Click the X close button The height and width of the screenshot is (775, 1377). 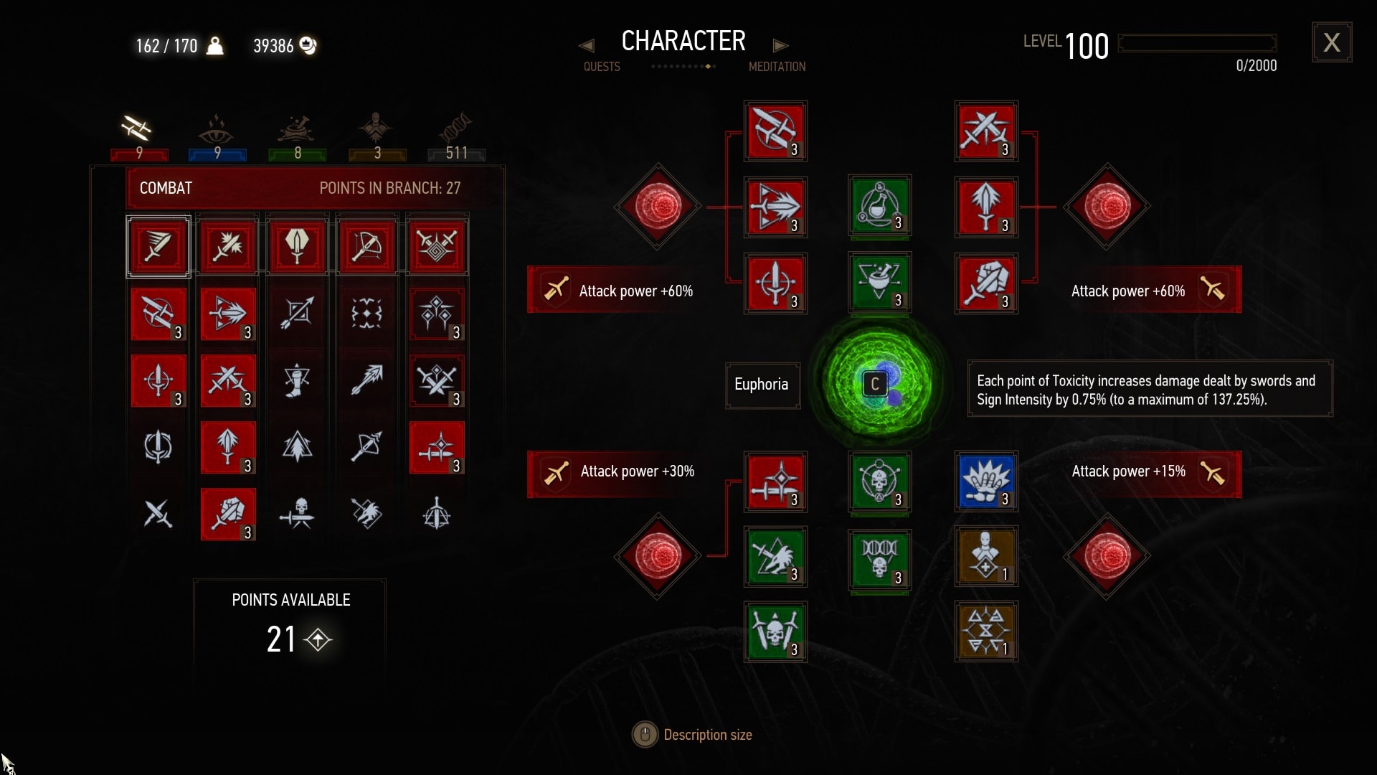[1332, 42]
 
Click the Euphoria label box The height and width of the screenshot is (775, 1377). [762, 385]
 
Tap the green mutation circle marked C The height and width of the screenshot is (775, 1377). [876, 384]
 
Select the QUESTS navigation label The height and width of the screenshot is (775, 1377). [602, 67]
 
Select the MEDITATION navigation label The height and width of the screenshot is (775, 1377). [777, 67]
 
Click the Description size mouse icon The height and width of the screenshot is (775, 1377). [645, 735]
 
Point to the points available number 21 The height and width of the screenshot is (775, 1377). [281, 639]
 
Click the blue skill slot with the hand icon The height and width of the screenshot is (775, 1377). [986, 481]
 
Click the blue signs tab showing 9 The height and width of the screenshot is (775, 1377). [217, 136]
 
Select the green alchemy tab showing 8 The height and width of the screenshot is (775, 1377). [297, 136]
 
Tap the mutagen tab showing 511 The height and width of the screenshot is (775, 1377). [456, 136]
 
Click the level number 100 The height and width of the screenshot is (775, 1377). [1087, 47]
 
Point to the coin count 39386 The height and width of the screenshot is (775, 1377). [273, 46]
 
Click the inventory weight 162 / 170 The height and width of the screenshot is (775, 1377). [166, 46]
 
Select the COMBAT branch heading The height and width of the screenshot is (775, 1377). [166, 188]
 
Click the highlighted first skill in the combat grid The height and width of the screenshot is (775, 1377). [158, 247]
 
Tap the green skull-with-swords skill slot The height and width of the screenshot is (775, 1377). [775, 631]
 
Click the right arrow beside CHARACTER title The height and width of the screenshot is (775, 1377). [780, 45]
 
